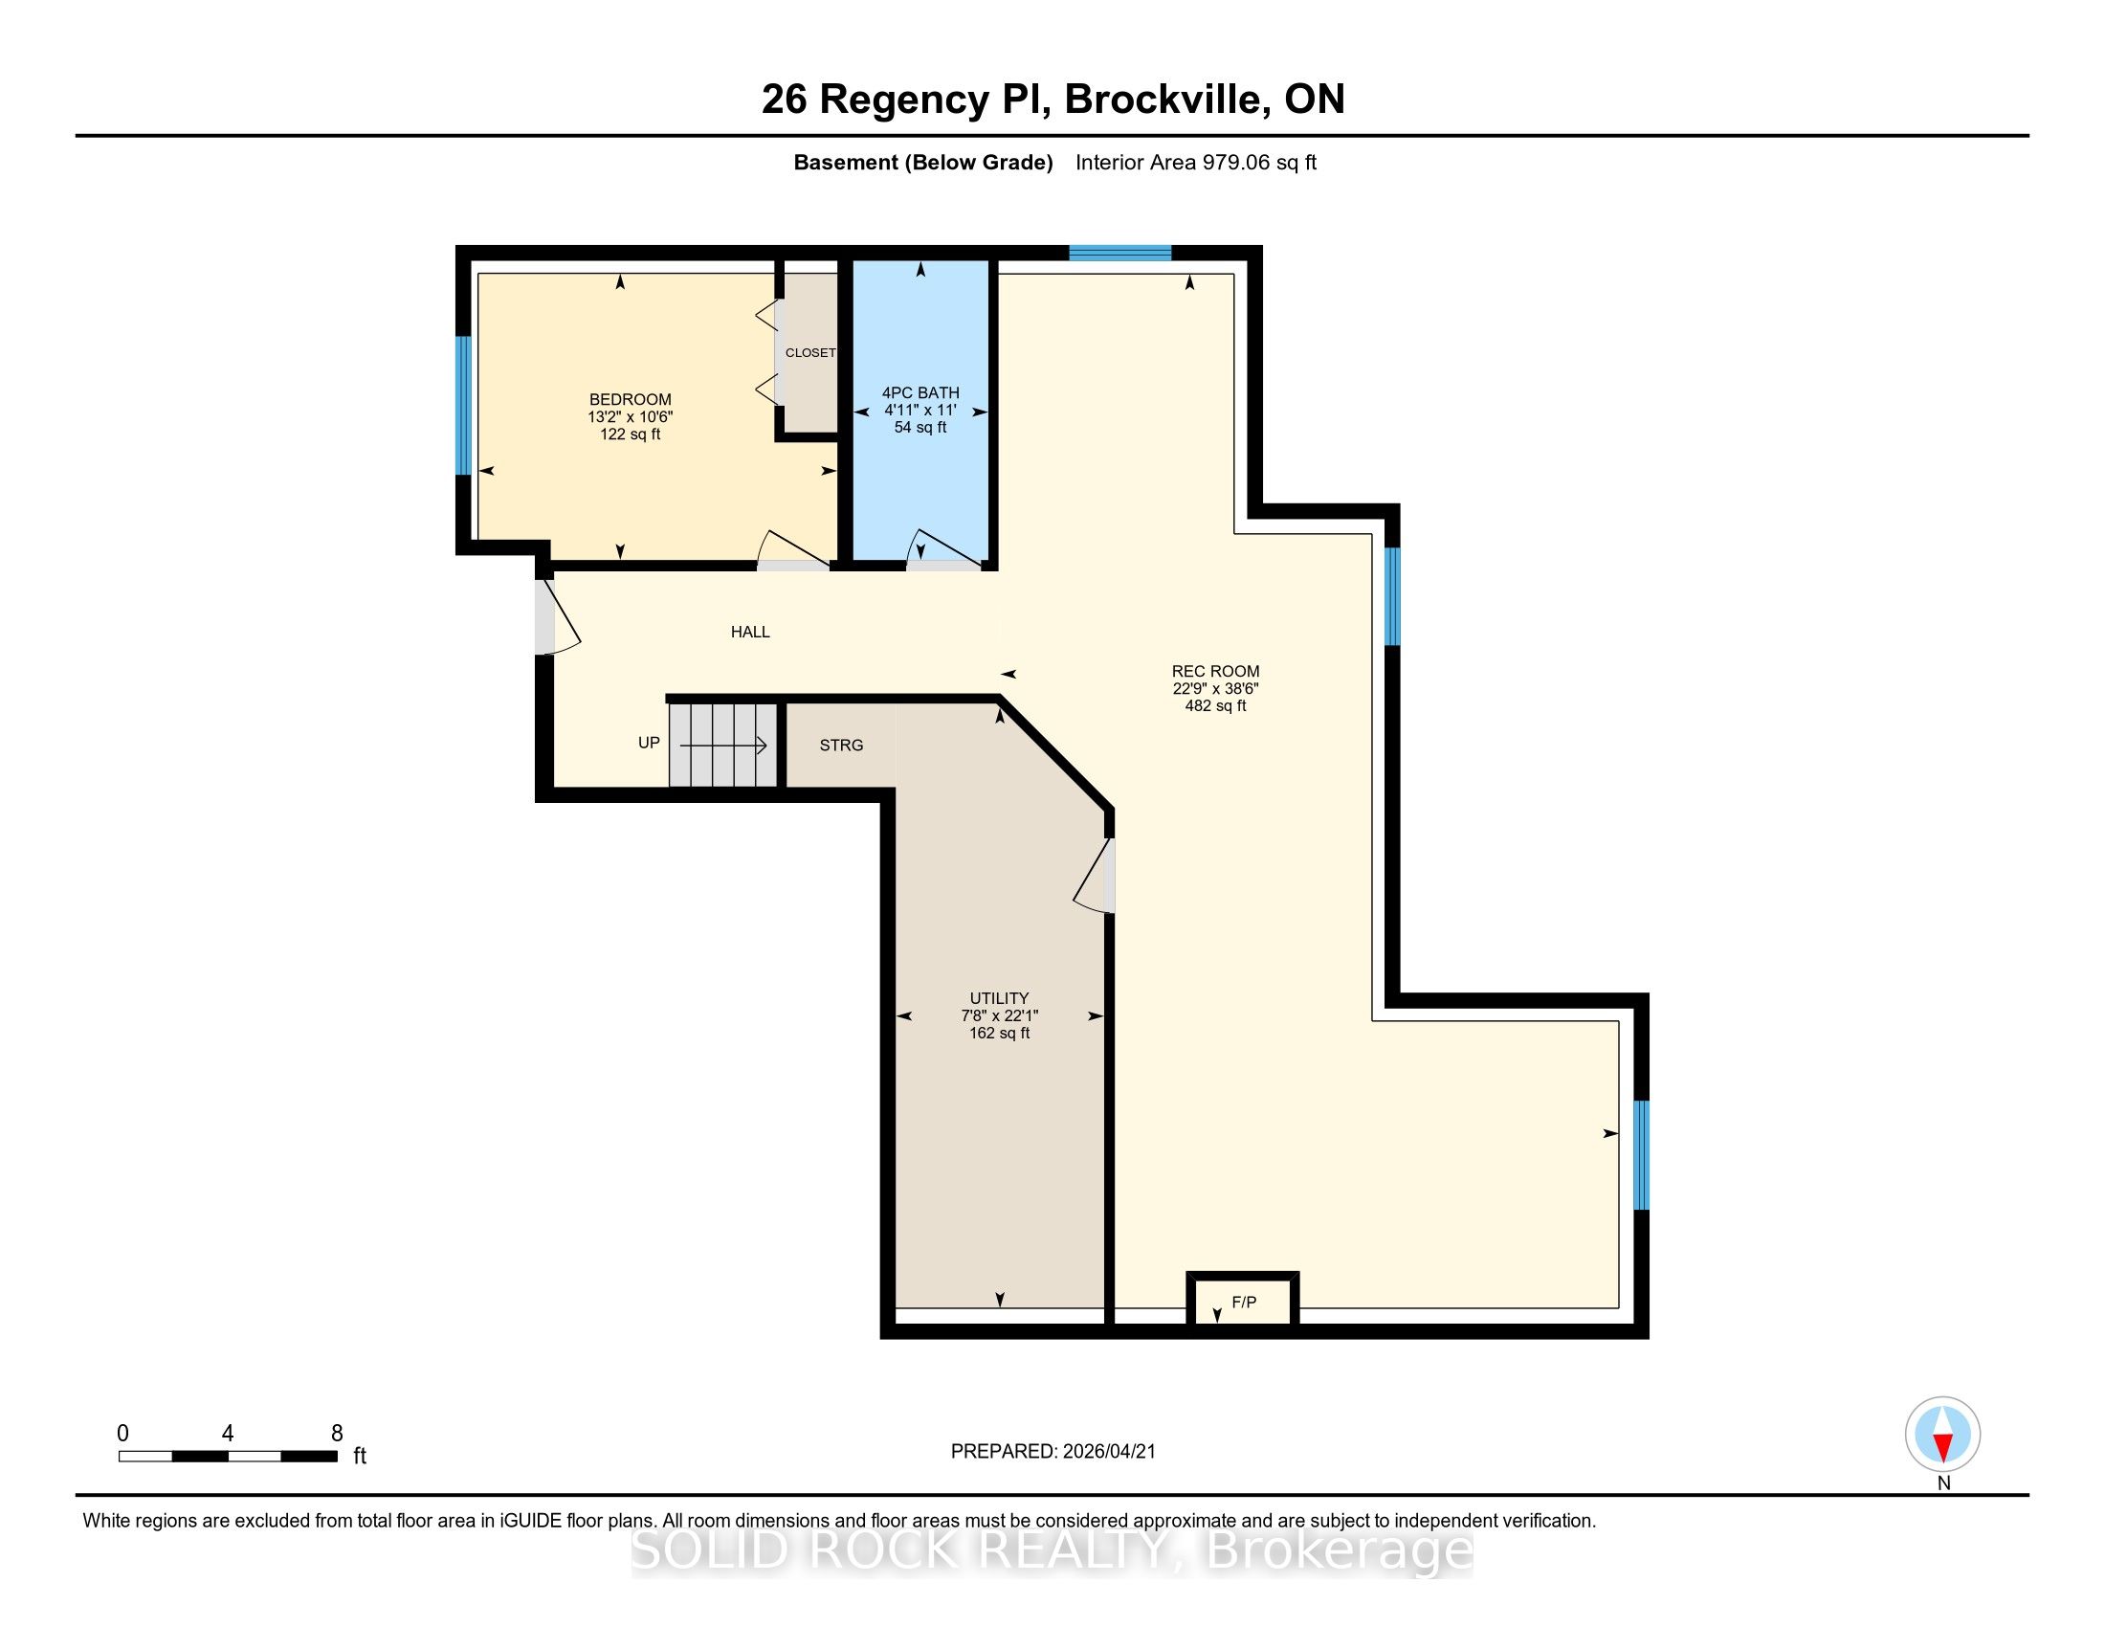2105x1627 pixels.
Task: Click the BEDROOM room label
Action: [x=631, y=399]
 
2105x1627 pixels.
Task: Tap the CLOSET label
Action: [x=810, y=353]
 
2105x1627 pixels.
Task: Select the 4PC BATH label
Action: [x=920, y=392]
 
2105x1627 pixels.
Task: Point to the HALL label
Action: [x=750, y=632]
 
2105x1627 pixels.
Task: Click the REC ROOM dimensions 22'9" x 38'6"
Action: [x=1215, y=688]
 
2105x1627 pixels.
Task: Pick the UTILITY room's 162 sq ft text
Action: [x=1000, y=1033]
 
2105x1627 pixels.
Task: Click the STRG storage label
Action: [x=841, y=745]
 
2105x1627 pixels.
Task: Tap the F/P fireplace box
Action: [x=1242, y=1303]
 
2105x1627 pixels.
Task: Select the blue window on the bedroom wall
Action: [x=464, y=405]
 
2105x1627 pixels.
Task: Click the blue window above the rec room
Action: [x=1120, y=253]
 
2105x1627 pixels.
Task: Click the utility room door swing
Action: [x=1094, y=874]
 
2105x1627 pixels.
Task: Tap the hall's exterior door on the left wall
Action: [x=558, y=617]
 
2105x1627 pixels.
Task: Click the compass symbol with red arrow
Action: [x=1942, y=1435]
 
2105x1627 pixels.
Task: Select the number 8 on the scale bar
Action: [x=337, y=1433]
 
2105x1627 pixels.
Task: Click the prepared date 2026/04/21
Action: [x=1108, y=1452]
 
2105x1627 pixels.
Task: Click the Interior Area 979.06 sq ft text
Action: [x=1195, y=162]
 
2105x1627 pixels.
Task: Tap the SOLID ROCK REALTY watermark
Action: [x=1052, y=1549]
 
